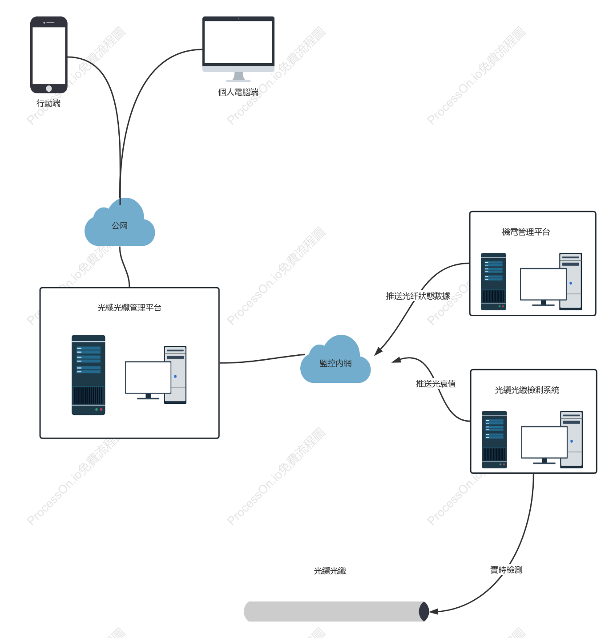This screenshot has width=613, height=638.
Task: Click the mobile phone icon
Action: [x=49, y=55]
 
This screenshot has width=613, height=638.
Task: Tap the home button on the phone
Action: [x=49, y=89]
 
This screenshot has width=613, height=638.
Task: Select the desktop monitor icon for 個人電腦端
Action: [x=238, y=49]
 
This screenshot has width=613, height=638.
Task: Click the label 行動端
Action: [x=48, y=103]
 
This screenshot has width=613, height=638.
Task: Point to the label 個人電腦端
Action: [x=238, y=92]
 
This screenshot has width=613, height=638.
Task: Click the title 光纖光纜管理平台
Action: [x=129, y=308]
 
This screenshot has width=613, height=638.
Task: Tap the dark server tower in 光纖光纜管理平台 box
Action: [x=89, y=375]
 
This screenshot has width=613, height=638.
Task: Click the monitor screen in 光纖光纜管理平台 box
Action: [x=148, y=378]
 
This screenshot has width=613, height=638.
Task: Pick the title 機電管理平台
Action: [x=526, y=232]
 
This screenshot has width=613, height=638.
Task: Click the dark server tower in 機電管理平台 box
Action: [x=493, y=281]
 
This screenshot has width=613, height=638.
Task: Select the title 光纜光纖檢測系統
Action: [x=527, y=390]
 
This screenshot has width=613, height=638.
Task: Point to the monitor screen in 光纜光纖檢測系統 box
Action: [x=544, y=442]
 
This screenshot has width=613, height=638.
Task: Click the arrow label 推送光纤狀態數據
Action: [x=418, y=296]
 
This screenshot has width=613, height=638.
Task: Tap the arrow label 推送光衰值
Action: [x=436, y=384]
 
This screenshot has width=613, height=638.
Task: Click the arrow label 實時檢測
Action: [x=506, y=570]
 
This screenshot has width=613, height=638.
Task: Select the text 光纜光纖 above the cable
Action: [x=330, y=571]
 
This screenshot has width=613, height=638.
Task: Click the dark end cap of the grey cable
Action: [x=424, y=611]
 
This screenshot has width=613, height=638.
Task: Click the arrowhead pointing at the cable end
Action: [x=433, y=612]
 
